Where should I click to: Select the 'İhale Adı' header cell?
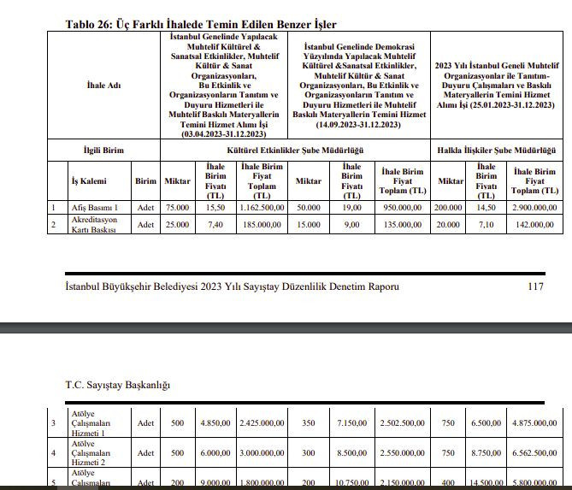[x=103, y=85]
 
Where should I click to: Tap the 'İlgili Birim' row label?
[x=103, y=150]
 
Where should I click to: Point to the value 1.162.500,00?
[x=262, y=207]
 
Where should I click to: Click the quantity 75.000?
[x=178, y=207]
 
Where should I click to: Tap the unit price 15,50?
[x=215, y=207]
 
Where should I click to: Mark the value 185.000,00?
[x=262, y=224]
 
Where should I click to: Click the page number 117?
[x=535, y=286]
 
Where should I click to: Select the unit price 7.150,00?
[x=351, y=423]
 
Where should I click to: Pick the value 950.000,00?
[x=402, y=207]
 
